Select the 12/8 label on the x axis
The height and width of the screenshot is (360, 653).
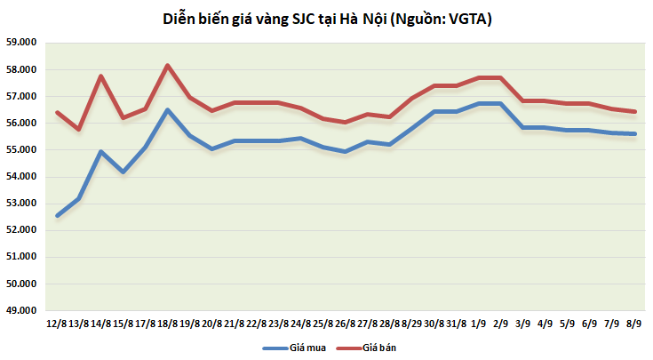pyautogui.click(x=58, y=324)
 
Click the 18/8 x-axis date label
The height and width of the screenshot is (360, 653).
pyautogui.click(x=168, y=324)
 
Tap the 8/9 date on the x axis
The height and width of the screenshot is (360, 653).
pyautogui.click(x=634, y=324)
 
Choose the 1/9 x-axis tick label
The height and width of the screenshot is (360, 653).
pyautogui.click(x=481, y=324)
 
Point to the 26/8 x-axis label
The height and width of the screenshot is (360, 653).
pyautogui.click(x=345, y=324)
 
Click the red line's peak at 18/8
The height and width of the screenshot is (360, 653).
pyautogui.click(x=168, y=65)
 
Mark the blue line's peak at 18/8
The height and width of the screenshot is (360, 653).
pyautogui.click(x=168, y=109)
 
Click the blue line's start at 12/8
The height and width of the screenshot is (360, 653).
pyautogui.click(x=58, y=215)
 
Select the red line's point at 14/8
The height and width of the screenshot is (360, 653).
pyautogui.click(x=101, y=76)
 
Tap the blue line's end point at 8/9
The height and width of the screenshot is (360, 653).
pyautogui.click(x=634, y=134)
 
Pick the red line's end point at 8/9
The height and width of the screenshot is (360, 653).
pyautogui.click(x=634, y=111)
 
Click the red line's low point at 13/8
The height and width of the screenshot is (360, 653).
pyautogui.click(x=79, y=130)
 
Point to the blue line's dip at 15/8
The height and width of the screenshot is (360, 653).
pyautogui.click(x=123, y=172)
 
